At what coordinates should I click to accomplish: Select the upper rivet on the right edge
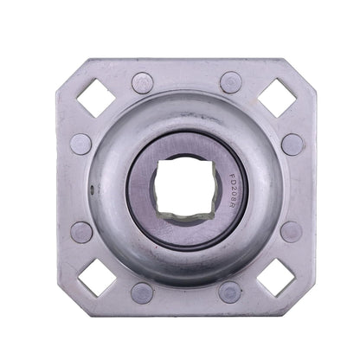coord(292,143)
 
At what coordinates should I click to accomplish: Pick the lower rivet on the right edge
coord(292,231)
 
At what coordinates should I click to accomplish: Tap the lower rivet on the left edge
coord(82,232)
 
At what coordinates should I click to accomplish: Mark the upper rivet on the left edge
coord(82,144)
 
